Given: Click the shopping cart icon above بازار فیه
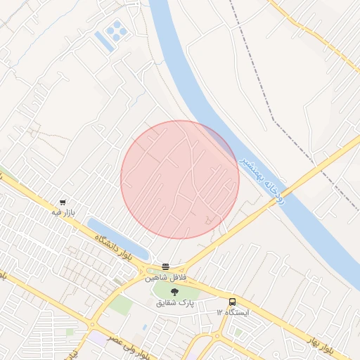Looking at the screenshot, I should coord(63,202).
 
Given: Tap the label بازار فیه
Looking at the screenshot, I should coord(63,212).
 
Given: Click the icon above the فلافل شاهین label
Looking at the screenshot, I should coord(166,266).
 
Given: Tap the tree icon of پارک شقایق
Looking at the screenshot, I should coord(174,292).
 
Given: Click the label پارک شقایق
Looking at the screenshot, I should coord(175,302).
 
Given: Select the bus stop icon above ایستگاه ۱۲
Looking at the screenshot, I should coord(233,302).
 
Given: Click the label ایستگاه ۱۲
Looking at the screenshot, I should coord(233,311).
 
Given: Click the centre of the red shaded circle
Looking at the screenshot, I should coord(180,179).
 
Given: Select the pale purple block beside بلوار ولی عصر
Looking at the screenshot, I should coord(94,338).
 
